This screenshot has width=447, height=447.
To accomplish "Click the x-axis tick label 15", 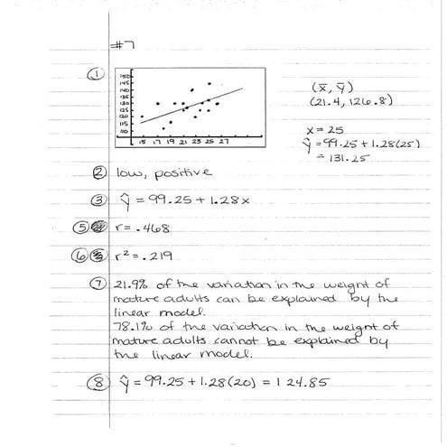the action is click(x=142, y=142).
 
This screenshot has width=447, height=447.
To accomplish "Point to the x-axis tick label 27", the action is click(x=223, y=142).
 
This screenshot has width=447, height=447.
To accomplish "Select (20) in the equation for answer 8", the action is click(x=234, y=386).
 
